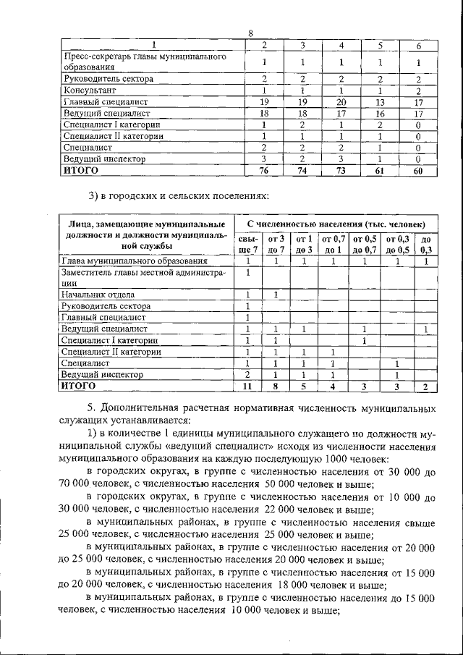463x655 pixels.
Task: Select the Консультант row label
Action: pos(90,90)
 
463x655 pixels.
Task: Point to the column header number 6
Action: pos(419,46)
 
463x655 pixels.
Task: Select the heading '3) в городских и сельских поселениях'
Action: pos(178,196)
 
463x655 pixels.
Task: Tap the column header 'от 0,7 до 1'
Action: pos(334,244)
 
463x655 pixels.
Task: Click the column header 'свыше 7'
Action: pos(248,244)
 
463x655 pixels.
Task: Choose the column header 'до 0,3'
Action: pos(426,244)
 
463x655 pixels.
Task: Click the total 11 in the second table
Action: pos(247,386)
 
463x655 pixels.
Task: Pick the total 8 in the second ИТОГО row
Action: pos(276,386)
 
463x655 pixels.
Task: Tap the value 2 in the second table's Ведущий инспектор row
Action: pos(247,375)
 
